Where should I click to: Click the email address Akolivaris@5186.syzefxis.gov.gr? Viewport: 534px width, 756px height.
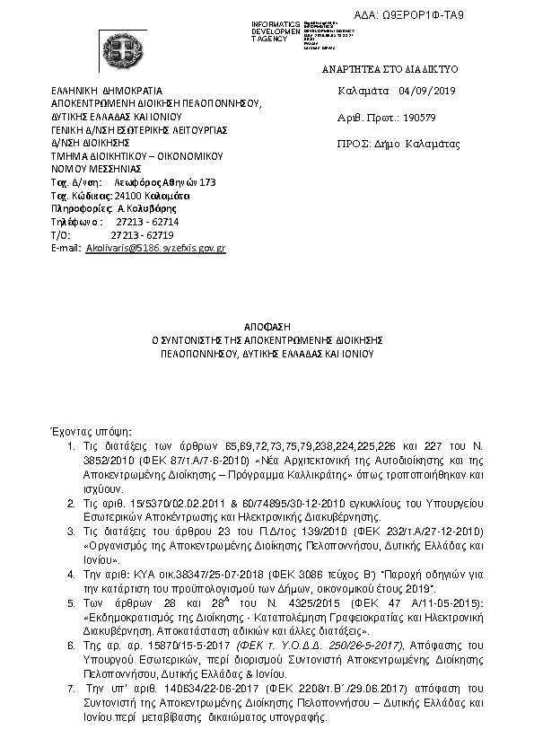point(155,246)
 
